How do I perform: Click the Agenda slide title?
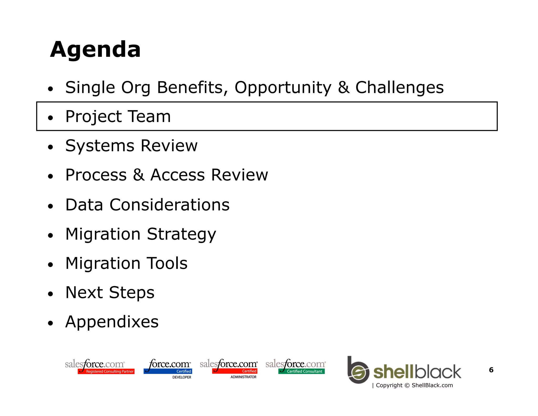(95, 50)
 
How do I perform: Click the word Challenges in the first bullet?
(399, 88)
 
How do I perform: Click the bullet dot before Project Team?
(50, 118)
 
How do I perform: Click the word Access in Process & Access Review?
(177, 175)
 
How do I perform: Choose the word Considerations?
(169, 205)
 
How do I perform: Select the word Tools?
(167, 263)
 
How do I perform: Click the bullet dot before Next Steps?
(50, 294)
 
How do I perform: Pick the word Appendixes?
(112, 322)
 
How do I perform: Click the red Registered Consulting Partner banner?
(106, 371)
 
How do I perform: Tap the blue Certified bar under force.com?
(168, 371)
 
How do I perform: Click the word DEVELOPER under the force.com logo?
(182, 377)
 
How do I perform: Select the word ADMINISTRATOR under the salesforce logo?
(243, 377)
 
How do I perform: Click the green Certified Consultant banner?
(301, 371)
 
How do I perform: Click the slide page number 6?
(491, 370)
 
